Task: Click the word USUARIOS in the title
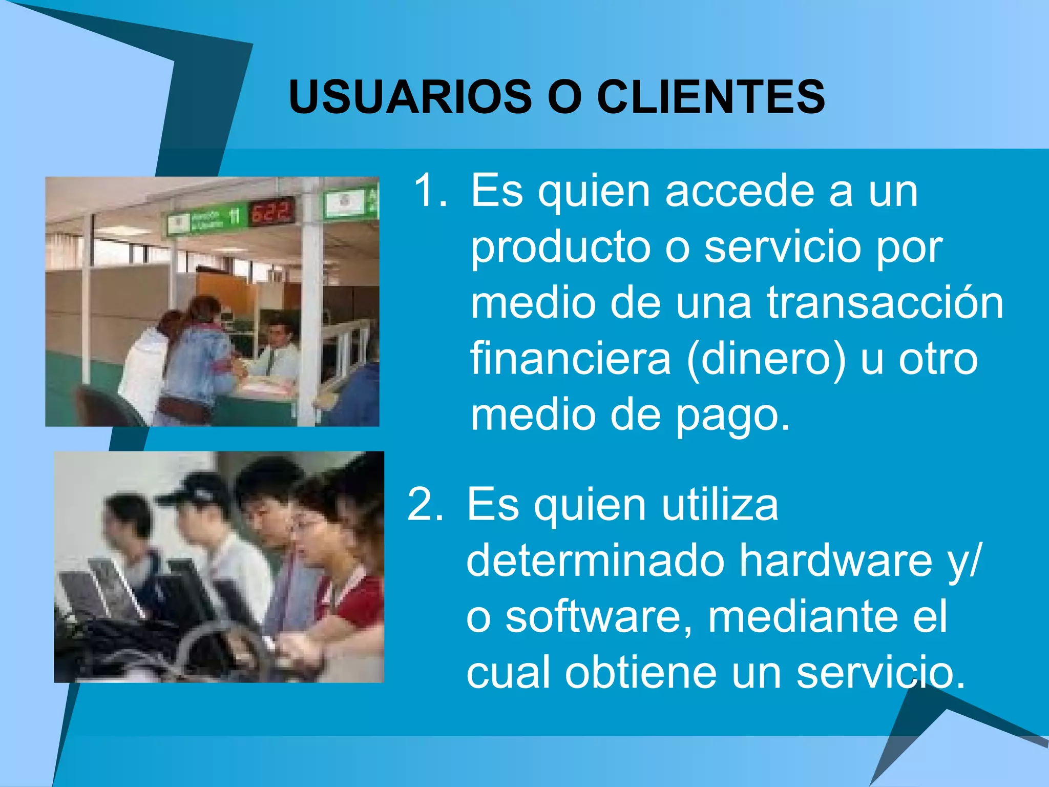410,97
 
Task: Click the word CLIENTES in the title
711,97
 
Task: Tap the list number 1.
429,191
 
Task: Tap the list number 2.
424,505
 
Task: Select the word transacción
885,303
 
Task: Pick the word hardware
835,562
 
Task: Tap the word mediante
801,617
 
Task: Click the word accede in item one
740,191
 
